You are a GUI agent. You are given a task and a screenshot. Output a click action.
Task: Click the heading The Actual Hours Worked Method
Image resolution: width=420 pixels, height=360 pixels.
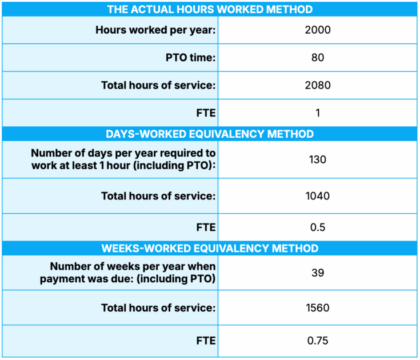click(x=210, y=9)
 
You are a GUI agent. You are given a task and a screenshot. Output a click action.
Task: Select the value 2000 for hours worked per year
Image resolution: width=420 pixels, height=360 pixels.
click(x=318, y=30)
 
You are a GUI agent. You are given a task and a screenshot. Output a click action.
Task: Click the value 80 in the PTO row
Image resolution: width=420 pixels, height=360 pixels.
click(x=318, y=58)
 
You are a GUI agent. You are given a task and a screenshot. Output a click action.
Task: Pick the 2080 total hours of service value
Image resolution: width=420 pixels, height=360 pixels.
click(x=318, y=85)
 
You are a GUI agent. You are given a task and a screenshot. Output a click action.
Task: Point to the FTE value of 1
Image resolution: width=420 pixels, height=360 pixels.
click(x=318, y=113)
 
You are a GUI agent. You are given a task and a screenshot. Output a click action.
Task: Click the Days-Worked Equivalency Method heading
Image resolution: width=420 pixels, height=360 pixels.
click(x=210, y=134)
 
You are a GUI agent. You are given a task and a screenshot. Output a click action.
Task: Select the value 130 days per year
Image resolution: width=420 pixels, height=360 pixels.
click(x=318, y=159)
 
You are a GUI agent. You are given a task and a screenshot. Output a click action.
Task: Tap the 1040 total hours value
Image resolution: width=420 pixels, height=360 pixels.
click(x=318, y=196)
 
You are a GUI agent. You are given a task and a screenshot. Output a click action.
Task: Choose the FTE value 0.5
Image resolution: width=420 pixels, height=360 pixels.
click(x=318, y=227)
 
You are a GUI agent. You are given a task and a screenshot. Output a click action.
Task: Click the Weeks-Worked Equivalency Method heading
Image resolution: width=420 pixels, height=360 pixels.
click(x=210, y=249)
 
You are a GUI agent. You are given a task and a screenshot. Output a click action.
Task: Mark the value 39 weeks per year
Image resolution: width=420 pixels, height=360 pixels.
click(x=318, y=273)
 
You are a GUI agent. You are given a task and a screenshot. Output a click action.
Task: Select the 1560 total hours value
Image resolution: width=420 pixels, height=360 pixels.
click(x=318, y=308)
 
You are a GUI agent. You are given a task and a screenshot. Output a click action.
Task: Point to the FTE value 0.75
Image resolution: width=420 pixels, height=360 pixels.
click(x=318, y=341)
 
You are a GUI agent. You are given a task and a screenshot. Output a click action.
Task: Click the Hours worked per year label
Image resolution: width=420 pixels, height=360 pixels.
click(x=155, y=30)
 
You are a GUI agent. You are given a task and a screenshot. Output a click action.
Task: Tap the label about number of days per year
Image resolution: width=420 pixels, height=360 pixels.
click(x=123, y=159)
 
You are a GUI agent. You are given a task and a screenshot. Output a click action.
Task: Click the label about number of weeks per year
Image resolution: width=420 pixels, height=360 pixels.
click(x=133, y=273)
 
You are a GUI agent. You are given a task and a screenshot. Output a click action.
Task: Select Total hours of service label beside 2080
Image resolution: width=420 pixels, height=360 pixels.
click(x=158, y=85)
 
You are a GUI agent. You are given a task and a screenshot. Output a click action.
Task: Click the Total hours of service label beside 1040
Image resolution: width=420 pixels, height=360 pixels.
click(x=158, y=196)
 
